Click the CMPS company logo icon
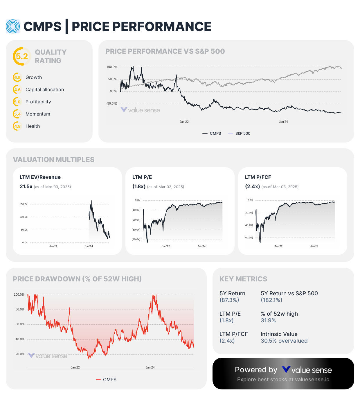pyautogui.click(x=13, y=26)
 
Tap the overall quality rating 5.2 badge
pyautogui.click(x=22, y=56)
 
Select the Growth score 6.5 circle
pyautogui.click(x=17, y=78)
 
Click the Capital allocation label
pyautogui.click(x=45, y=90)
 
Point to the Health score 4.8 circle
pyautogui.click(x=17, y=126)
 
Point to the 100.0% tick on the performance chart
pyautogui.click(x=112, y=67)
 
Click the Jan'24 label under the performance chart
pyautogui.click(x=283, y=122)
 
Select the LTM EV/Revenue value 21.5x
pyautogui.click(x=26, y=187)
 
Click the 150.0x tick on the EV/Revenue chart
pyautogui.click(x=24, y=204)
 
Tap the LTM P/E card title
pyautogui.click(x=142, y=177)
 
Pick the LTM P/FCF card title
pyautogui.click(x=258, y=177)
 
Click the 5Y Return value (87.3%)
pyautogui.click(x=229, y=300)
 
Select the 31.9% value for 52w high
pyautogui.click(x=268, y=321)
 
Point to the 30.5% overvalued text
pyautogui.click(x=284, y=341)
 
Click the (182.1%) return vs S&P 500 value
pyautogui.click(x=271, y=300)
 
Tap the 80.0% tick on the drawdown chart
pyautogui.click(x=20, y=310)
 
